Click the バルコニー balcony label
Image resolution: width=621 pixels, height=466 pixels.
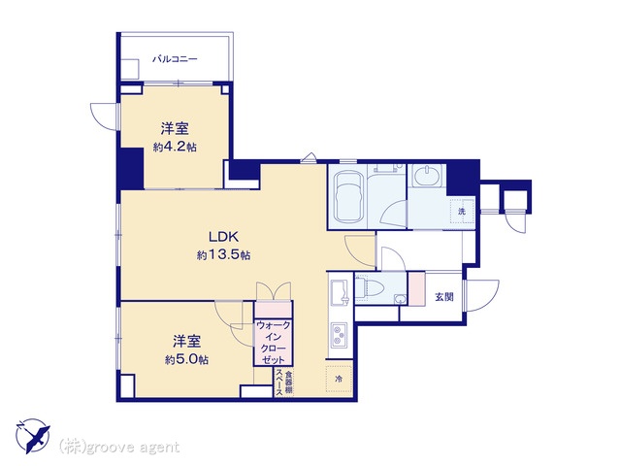(175, 59)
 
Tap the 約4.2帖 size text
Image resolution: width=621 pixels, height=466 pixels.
(175, 148)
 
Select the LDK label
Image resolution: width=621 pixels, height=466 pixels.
(223, 237)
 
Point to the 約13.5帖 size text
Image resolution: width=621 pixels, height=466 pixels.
(223, 255)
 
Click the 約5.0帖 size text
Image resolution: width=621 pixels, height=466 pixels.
(186, 360)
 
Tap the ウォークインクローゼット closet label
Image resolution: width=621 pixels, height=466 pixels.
(274, 343)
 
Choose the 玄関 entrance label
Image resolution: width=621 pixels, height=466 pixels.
(444, 296)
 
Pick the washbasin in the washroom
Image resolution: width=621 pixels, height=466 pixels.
(427, 176)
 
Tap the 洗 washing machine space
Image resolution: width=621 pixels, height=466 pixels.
(462, 212)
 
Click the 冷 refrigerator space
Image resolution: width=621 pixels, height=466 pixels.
(339, 379)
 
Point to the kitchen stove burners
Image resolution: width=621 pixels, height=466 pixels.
(339, 334)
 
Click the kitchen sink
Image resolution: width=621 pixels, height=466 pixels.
(340, 292)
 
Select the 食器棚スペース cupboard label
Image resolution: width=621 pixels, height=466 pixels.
(283, 383)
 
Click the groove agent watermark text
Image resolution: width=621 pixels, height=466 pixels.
(118, 448)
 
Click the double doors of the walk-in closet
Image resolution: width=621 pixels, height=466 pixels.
(274, 291)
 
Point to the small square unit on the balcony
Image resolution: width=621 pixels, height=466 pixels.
(130, 69)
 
